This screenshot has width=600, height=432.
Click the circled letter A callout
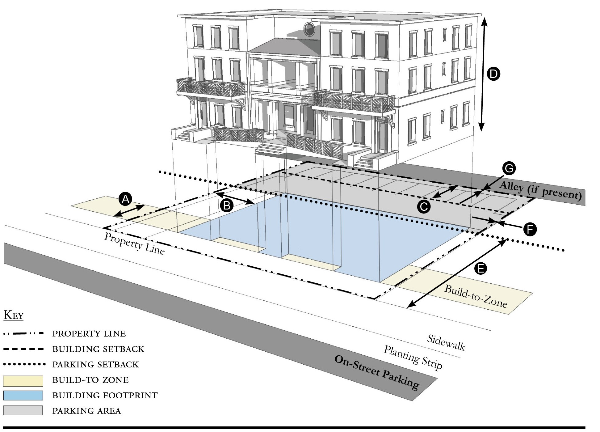click(125, 199)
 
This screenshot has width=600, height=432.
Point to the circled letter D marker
click(493, 74)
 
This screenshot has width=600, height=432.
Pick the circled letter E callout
click(480, 268)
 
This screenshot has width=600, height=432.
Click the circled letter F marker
click(530, 229)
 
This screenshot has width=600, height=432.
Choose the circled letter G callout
click(509, 168)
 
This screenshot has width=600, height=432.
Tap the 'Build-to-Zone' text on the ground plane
click(476, 296)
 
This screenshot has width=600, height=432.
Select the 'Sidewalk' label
click(446, 342)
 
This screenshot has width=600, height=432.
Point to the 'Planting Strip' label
click(413, 358)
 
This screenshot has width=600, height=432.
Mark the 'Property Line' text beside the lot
click(134, 243)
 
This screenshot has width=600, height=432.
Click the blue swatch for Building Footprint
click(23, 396)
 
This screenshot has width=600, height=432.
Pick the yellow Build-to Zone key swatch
click(23, 381)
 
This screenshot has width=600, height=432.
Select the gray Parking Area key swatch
click(23, 410)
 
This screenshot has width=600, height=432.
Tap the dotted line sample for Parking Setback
click(24, 364)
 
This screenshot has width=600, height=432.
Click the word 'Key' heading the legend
click(14, 315)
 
